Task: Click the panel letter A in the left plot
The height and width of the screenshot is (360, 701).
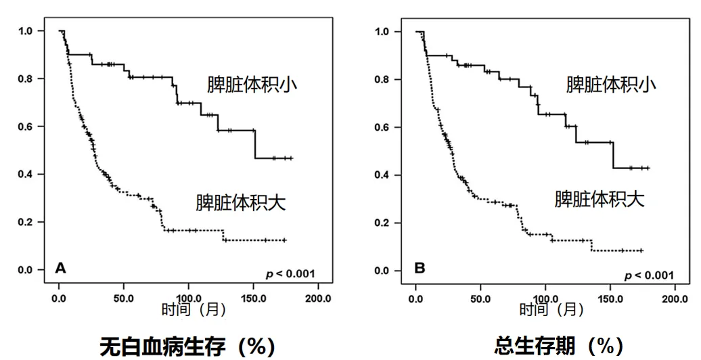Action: pos(61,269)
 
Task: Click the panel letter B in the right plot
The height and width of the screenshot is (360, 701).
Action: pos(420,269)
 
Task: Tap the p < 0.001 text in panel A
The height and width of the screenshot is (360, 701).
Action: pos(290,274)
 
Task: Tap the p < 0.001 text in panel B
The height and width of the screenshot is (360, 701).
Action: pos(648,275)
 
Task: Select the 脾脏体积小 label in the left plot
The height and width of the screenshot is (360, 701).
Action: pos(252,85)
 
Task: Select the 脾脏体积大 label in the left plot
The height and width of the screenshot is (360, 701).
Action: pos(241,202)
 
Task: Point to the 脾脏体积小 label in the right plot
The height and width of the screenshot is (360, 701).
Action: pos(611,85)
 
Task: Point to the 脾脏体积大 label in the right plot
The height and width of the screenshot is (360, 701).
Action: pos(600,199)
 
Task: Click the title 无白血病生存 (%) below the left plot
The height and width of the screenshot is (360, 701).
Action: pos(187,347)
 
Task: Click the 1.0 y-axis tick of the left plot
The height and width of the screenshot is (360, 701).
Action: pos(25,30)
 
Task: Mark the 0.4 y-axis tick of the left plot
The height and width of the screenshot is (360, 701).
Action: pos(25,174)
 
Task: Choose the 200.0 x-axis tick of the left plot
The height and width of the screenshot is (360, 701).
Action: pos(319,298)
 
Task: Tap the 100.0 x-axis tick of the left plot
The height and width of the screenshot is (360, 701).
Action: pos(189,298)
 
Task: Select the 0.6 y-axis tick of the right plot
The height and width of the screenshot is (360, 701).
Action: pos(382,127)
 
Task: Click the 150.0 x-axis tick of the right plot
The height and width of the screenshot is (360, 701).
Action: pos(612,298)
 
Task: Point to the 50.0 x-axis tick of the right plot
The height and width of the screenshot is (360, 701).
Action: pos(481,298)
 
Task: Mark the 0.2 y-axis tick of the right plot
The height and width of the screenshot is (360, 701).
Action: pos(382,223)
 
